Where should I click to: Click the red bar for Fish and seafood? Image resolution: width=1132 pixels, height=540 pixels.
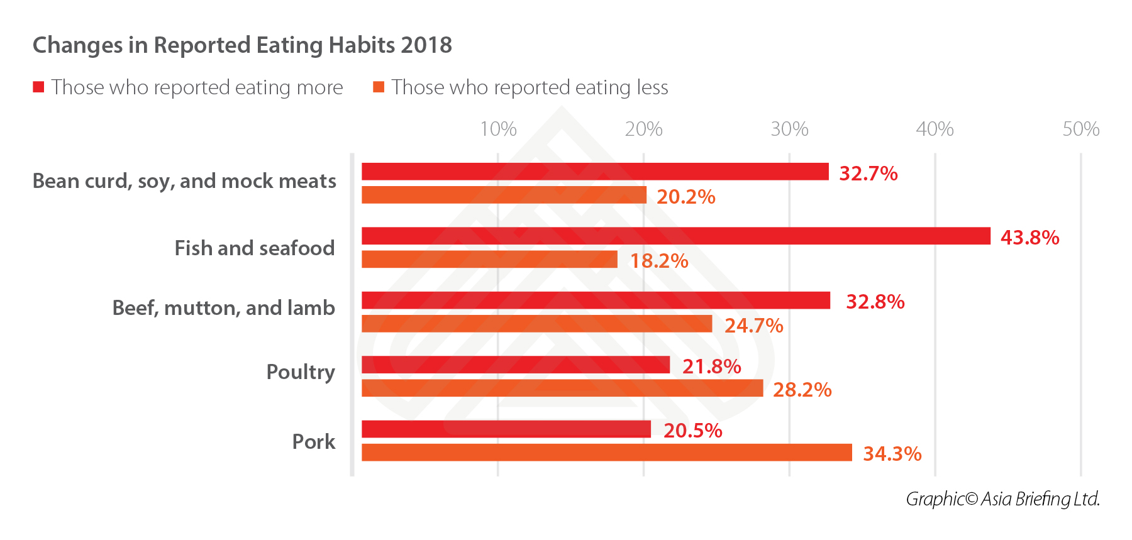point(675,236)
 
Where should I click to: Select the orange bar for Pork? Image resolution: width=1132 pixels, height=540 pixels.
point(606,453)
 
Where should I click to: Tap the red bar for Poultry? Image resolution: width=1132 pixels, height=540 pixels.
point(516,365)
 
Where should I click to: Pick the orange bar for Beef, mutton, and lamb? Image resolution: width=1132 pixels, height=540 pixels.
point(536,324)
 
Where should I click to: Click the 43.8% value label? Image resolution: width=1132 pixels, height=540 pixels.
point(1029,238)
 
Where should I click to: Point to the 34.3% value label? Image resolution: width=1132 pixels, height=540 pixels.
point(892,454)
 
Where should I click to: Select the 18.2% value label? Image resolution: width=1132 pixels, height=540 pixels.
point(659,261)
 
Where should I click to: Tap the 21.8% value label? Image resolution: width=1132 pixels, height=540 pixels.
point(711,366)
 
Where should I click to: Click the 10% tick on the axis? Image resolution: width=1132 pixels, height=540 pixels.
point(498,129)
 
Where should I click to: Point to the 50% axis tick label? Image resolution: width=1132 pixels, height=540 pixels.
point(1080,129)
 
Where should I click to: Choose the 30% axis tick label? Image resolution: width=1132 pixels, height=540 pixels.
point(789,129)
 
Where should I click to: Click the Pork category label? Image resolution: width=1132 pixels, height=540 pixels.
point(313,442)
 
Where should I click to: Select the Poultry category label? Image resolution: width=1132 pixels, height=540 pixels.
point(301,372)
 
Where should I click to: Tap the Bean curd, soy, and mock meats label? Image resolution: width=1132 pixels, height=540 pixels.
point(184,181)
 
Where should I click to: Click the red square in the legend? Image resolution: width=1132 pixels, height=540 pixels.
point(39,87)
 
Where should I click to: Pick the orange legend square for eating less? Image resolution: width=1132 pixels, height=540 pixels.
point(379,87)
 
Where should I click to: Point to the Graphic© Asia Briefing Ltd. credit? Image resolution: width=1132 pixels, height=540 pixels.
point(1002,499)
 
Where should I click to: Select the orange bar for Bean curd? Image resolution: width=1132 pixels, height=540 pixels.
point(504,195)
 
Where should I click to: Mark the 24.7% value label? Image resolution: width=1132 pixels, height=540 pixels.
point(753,326)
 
